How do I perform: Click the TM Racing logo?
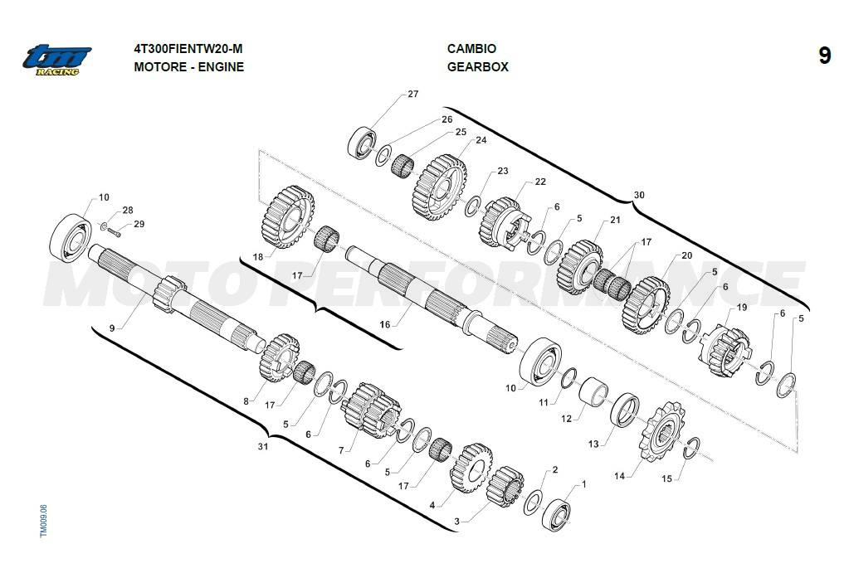(x=57, y=60)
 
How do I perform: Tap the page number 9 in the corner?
(x=824, y=56)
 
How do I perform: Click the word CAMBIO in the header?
(x=471, y=49)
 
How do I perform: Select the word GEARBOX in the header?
(x=478, y=67)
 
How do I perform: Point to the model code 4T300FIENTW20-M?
(x=188, y=49)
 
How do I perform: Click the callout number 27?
(x=413, y=95)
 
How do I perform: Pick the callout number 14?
(x=619, y=476)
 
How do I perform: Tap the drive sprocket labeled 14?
(x=661, y=432)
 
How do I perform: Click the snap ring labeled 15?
(x=690, y=448)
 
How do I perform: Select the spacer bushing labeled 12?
(x=593, y=391)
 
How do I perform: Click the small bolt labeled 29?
(x=114, y=232)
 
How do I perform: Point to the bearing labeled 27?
(x=362, y=143)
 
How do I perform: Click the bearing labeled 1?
(x=557, y=516)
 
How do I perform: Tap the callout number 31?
(x=262, y=447)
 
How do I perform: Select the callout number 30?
(x=639, y=196)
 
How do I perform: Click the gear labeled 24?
(x=440, y=187)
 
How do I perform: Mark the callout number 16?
(x=384, y=324)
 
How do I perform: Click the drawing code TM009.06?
(x=44, y=522)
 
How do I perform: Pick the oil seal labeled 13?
(x=625, y=410)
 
